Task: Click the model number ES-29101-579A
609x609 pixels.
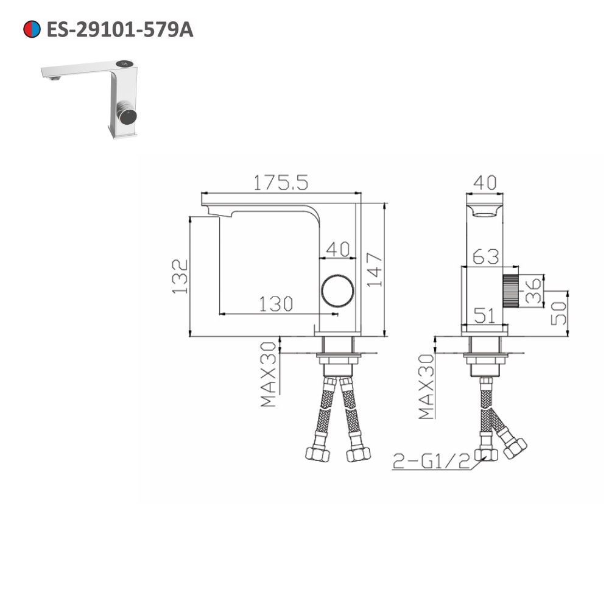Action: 119,30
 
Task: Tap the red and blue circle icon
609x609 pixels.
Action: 32,29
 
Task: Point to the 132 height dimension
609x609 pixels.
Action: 179,276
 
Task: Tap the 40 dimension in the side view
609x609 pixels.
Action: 338,248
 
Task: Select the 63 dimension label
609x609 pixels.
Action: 485,256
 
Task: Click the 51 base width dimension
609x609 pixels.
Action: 485,315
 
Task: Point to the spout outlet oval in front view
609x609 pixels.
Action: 485,213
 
